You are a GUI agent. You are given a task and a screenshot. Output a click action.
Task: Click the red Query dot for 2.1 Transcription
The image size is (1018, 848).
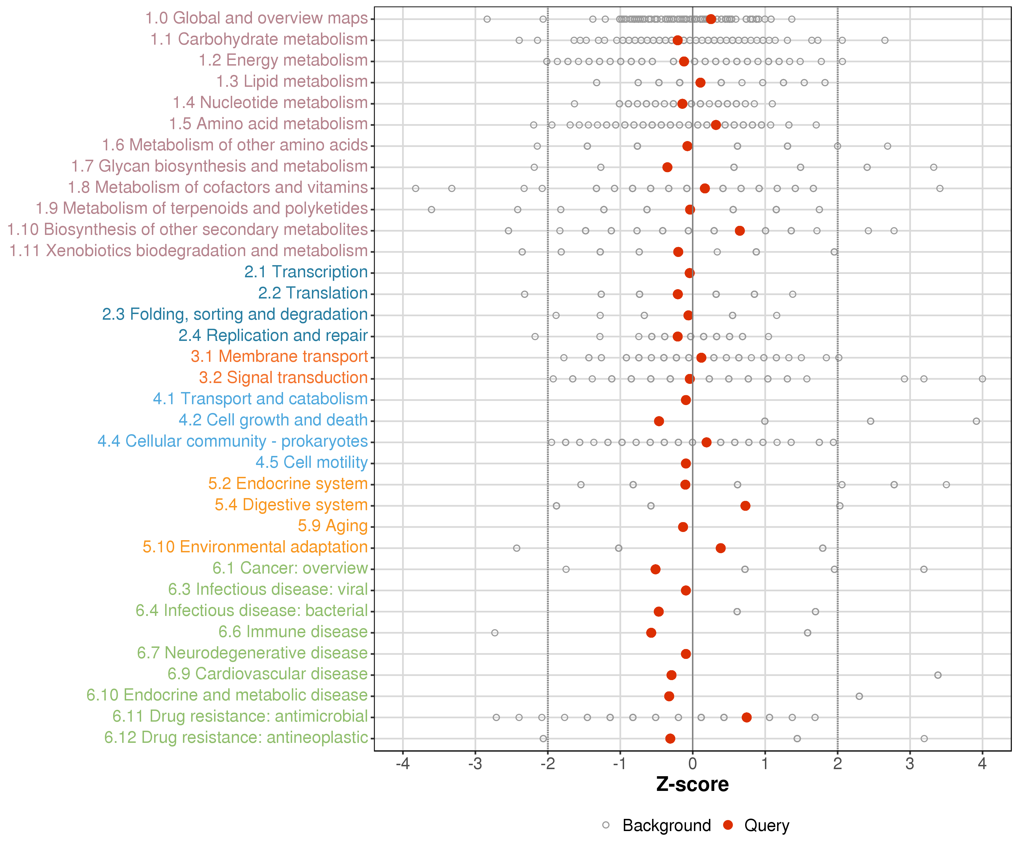tap(689, 273)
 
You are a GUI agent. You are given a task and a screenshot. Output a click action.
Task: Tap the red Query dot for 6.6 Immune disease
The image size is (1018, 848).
tap(651, 633)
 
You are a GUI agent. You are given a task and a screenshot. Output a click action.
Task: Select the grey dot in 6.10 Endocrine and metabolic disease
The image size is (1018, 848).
tap(859, 696)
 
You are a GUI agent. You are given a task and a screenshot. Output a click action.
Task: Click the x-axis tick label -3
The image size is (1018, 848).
tap(475, 764)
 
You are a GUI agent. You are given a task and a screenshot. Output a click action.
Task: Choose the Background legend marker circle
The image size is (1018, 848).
tap(606, 825)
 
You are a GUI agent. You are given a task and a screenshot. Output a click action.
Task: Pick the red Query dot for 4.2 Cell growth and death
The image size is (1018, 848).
tap(659, 421)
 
